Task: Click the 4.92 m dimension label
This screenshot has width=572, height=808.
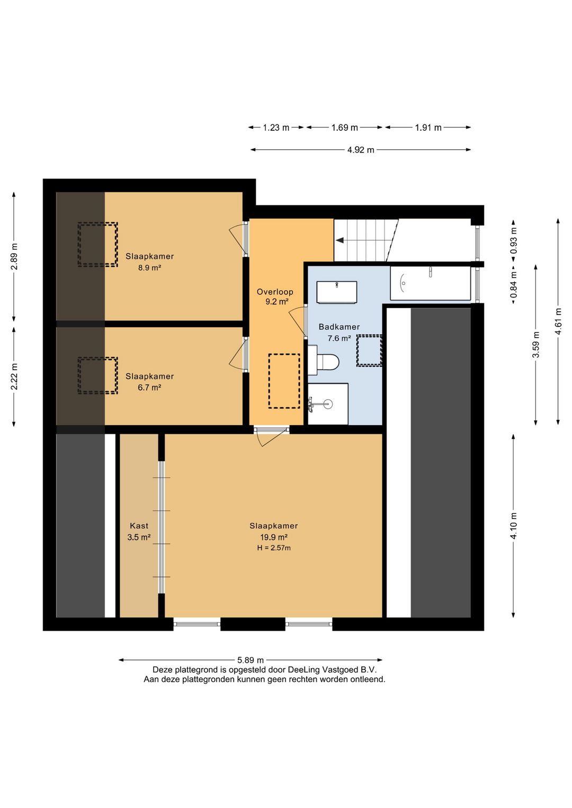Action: pos(361,150)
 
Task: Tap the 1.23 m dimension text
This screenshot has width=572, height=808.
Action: pos(276,128)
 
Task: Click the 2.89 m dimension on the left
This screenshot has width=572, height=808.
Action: pos(14,256)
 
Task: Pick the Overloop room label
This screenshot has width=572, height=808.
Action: pos(275,292)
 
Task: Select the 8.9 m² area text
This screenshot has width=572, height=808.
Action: pos(149,267)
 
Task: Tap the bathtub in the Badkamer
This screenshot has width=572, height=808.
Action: pos(430,283)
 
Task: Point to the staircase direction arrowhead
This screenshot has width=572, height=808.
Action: pos(339,240)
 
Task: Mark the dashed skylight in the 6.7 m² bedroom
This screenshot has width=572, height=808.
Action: pos(98,375)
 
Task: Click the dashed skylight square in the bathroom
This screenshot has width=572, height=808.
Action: pos(369,351)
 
